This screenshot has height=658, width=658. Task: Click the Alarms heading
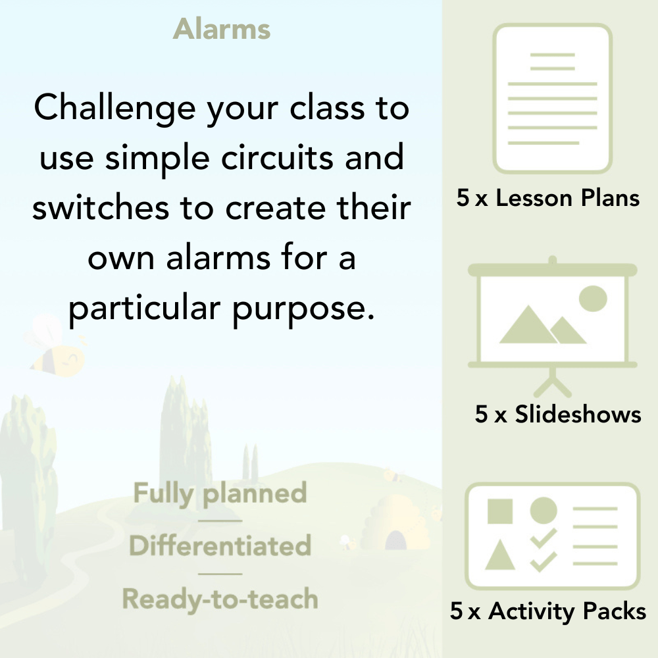click(x=222, y=30)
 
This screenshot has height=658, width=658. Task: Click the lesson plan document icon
click(x=553, y=98)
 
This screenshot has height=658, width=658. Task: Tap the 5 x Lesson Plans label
click(x=548, y=198)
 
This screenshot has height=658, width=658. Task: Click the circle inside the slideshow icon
click(x=592, y=297)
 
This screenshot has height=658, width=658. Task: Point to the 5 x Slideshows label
click(x=558, y=414)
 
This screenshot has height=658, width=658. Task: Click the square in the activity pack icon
click(x=500, y=511)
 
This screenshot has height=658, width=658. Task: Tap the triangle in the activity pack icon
click(x=500, y=555)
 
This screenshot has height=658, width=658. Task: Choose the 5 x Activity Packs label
click(x=548, y=611)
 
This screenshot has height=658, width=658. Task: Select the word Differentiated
click(x=220, y=546)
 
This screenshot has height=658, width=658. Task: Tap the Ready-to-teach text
click(x=220, y=599)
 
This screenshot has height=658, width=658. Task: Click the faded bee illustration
click(x=56, y=349)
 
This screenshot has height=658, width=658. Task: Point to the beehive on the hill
click(x=393, y=523)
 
